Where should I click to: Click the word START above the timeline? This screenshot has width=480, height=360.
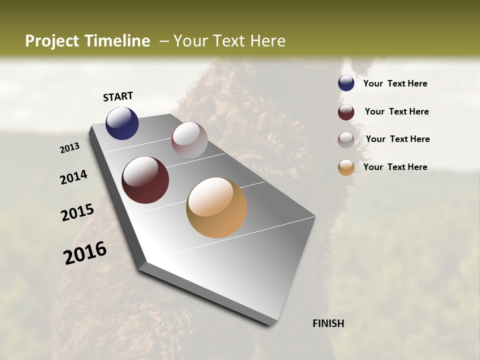pos(118,96)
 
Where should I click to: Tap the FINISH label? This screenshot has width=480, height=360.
pos(328,323)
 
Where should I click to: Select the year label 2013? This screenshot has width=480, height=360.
pos(69,148)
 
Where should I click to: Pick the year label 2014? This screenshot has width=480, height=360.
pos(73,177)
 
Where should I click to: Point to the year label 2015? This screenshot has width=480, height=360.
pos(77,212)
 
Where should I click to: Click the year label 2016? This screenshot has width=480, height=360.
pos(85,253)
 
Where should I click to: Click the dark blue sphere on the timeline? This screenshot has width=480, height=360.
pos(122,123)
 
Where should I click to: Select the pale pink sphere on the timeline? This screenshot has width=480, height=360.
pos(189,140)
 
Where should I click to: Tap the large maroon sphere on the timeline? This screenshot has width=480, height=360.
pos(145,180)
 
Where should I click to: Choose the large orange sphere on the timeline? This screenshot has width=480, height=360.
pos(216,207)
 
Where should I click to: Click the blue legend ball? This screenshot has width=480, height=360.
pos(346,83)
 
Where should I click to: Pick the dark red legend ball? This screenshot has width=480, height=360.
pos(346,112)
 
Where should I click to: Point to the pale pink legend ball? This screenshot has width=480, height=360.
pos(346,139)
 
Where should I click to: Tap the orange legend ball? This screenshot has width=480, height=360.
pos(346,167)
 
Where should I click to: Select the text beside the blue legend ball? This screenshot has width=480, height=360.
pos(395,84)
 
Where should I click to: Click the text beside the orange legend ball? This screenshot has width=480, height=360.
pos(395,167)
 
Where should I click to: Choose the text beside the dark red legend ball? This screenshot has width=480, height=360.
pos(396,111)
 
